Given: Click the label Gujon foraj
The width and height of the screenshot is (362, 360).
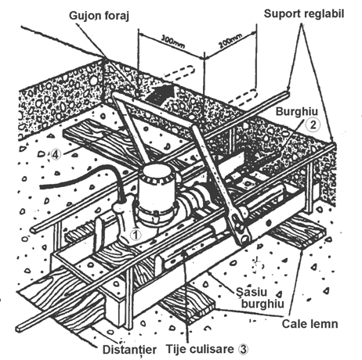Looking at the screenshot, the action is (x=100, y=16).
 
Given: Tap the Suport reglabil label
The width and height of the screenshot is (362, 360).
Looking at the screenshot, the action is (x=304, y=14).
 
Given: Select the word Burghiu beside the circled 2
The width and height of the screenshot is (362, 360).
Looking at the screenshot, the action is (x=297, y=112).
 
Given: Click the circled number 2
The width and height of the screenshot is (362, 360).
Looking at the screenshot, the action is (x=313, y=124).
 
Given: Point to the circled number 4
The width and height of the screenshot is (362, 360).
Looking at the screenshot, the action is (x=56, y=154).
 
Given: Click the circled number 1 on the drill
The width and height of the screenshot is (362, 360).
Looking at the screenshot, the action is (x=136, y=235).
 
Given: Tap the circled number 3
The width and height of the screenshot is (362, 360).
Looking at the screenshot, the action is (x=243, y=349).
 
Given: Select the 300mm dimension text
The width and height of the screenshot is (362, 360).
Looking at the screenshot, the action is (x=173, y=41).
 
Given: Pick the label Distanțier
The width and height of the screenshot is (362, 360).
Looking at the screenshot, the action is (x=129, y=350).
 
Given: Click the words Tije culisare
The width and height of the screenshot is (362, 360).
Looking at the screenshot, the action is (x=200, y=349).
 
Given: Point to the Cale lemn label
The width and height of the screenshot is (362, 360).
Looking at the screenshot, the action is (x=310, y=324).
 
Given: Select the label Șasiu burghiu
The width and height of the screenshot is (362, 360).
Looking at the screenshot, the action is (x=260, y=298).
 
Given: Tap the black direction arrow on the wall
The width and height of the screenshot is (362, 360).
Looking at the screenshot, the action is (x=161, y=94).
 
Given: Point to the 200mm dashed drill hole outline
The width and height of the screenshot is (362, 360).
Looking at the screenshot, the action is (x=241, y=96).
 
